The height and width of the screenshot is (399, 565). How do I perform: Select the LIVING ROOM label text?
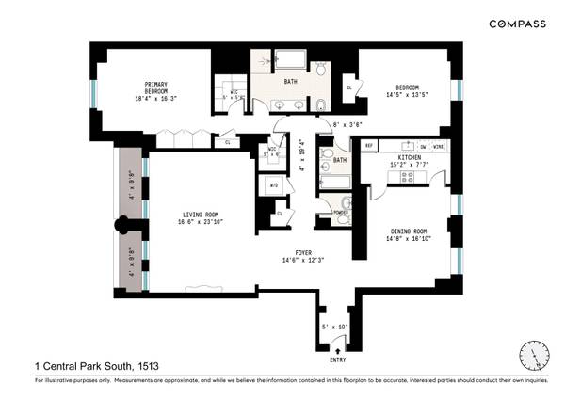[201, 215]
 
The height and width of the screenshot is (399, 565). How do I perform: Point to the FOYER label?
[303, 252]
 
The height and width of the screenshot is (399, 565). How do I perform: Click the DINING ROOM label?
[409, 231]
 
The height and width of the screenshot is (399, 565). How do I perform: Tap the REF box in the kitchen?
[370, 146]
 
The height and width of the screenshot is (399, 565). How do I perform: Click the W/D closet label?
[274, 185]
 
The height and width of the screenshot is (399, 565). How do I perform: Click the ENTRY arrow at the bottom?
[336, 350]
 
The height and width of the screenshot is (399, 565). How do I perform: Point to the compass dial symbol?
[533, 355]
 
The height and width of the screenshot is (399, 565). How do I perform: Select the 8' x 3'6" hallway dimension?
[347, 125]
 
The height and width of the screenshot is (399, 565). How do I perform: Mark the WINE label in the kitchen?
[440, 146]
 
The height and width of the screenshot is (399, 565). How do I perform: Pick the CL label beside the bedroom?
[349, 88]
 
